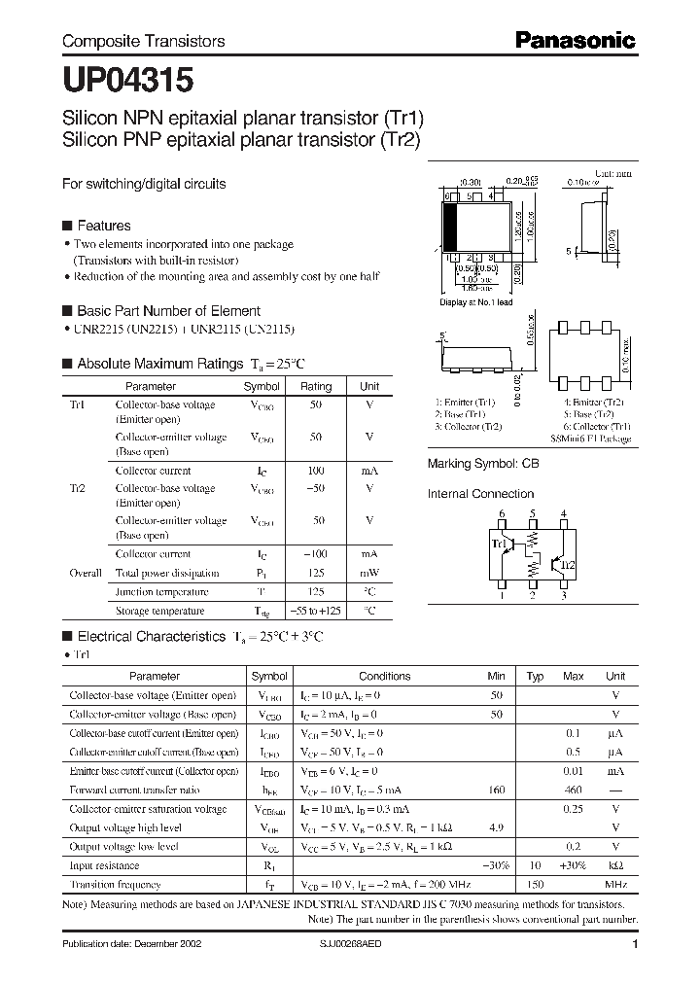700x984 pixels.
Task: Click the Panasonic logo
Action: pos(575,40)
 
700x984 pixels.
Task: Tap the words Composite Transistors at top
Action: pos(144,41)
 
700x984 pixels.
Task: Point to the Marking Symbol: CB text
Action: pos(482,465)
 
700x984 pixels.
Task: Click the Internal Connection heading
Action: pos(481,494)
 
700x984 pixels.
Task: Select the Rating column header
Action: pos(316,386)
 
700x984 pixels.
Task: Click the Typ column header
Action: pos(535,676)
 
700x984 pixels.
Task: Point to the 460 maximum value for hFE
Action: pos(574,791)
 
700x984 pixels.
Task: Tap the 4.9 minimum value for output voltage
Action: pos(497,828)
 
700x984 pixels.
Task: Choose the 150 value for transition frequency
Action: pos(535,885)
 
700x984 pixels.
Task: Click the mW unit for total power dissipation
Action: pos(369,573)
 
